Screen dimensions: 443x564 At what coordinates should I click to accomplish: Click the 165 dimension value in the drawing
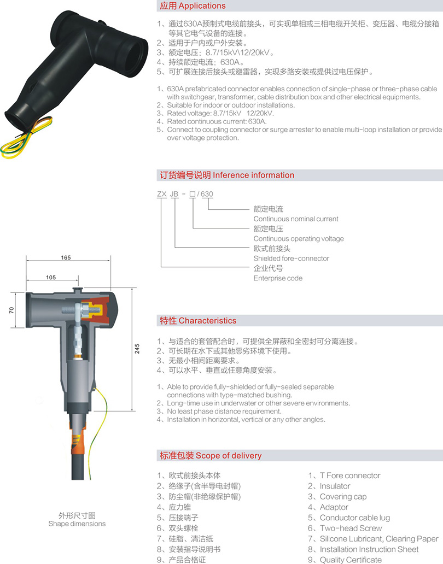tap(66, 257)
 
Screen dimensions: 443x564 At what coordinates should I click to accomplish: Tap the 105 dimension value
tap(51, 277)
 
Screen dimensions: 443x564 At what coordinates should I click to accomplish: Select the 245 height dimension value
tap(137, 349)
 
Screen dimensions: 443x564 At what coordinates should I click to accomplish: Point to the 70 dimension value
tap(11, 310)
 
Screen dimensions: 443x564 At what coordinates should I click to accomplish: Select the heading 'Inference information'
tap(253, 175)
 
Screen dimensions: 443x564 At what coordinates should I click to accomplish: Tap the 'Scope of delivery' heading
tap(229, 455)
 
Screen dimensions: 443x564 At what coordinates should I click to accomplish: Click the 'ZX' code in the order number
tap(161, 194)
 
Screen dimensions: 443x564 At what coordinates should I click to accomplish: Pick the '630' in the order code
tap(207, 194)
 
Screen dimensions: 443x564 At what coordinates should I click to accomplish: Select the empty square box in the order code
tap(193, 194)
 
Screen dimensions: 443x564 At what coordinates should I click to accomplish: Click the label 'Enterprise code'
tap(278, 278)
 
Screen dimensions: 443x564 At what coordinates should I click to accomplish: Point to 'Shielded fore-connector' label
tap(291, 258)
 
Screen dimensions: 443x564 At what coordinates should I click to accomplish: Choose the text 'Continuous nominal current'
tap(296, 219)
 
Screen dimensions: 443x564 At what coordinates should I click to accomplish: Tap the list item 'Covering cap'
tap(343, 497)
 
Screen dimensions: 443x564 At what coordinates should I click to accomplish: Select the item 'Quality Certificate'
tap(351, 560)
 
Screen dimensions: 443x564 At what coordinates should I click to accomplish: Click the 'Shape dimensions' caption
tap(77, 524)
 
